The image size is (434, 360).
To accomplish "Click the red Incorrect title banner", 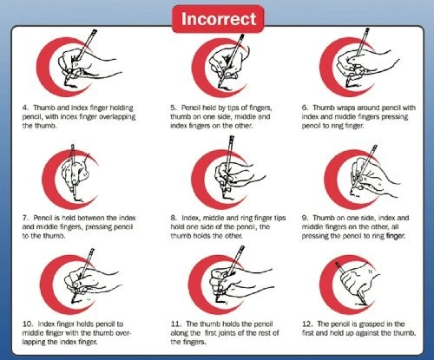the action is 218,19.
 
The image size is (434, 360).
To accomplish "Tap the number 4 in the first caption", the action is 25,108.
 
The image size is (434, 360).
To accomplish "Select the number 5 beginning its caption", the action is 173,108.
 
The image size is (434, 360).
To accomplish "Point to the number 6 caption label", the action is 305,108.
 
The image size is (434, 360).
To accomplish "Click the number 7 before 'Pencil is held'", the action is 25,218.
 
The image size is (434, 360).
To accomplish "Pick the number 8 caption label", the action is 174,218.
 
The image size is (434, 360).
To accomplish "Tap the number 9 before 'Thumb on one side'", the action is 305,218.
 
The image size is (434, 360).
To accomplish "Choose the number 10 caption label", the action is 28,324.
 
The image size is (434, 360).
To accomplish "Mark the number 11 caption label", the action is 175,324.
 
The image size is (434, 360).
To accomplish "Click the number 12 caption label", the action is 307,324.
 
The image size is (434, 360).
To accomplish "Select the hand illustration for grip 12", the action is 358,282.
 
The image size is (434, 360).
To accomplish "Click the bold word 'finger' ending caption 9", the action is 396,236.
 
